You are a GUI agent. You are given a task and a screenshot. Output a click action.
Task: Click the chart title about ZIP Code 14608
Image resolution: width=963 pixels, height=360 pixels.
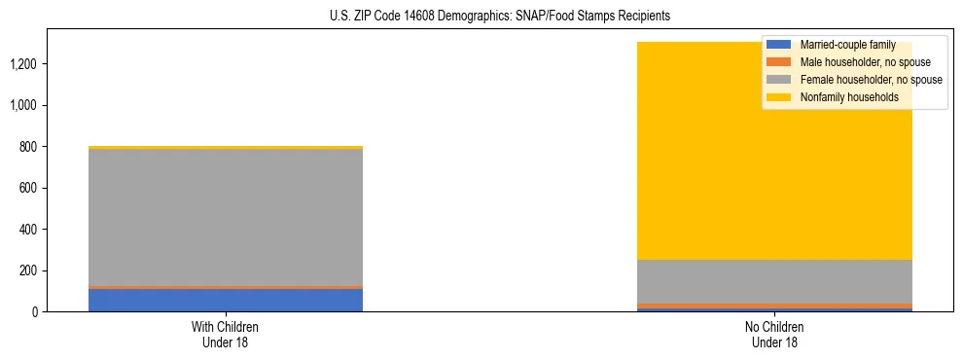pyautogui.click(x=481, y=17)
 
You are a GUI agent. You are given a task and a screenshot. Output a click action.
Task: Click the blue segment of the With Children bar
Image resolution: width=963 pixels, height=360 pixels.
pyautogui.click(x=226, y=301)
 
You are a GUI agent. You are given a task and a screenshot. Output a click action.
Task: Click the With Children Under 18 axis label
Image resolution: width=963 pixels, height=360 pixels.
pyautogui.click(x=226, y=334)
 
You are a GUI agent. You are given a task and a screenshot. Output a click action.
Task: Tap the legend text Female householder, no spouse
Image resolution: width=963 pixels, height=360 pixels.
pyautogui.click(x=871, y=80)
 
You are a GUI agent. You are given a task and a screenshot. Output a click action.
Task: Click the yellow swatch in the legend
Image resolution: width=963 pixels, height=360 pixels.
pyautogui.click(x=779, y=97)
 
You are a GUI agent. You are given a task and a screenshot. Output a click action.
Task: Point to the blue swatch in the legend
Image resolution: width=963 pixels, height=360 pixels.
pyautogui.click(x=779, y=45)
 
